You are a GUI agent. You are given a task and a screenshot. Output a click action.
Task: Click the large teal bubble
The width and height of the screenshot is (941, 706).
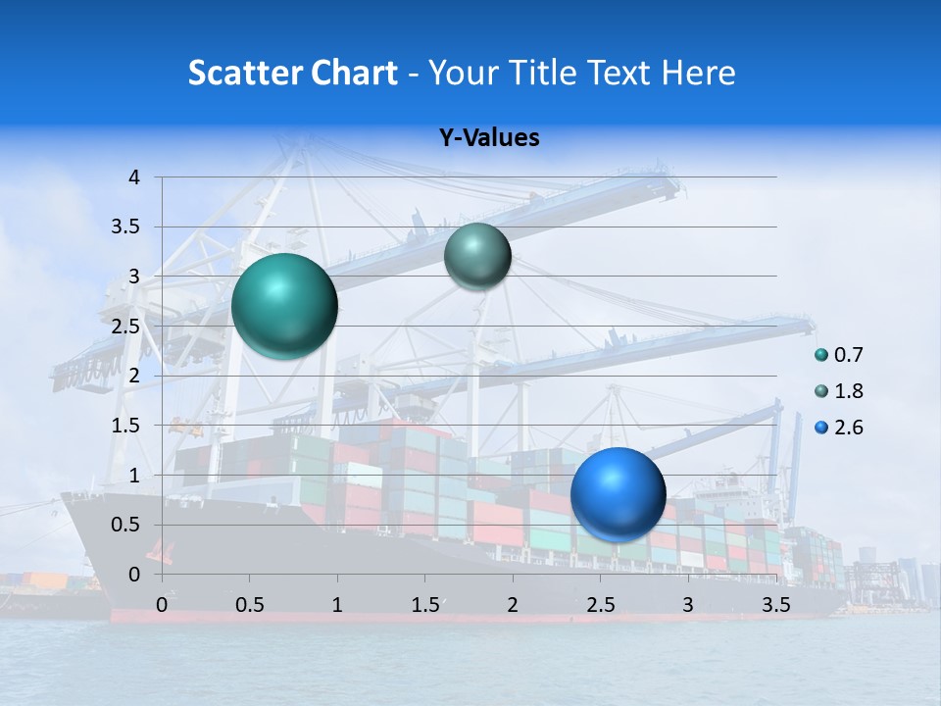pos(284,305)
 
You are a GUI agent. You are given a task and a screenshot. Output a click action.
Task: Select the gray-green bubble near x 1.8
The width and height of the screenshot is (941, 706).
pos(477,256)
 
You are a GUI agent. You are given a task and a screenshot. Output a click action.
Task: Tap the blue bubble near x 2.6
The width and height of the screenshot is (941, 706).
pos(618,493)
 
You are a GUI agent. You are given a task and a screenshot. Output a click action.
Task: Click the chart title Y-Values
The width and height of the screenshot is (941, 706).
pos(488,138)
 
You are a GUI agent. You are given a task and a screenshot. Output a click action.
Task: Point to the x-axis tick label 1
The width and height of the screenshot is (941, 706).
pos(337,605)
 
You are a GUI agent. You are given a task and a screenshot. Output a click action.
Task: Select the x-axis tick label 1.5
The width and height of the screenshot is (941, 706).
pos(424,605)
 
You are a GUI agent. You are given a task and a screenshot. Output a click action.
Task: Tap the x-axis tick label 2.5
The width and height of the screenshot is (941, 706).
pos(600,605)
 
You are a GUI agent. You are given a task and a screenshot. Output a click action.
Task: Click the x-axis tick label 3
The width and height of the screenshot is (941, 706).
pos(687,605)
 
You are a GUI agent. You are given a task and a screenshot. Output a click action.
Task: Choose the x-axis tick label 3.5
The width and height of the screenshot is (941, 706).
pos(775,605)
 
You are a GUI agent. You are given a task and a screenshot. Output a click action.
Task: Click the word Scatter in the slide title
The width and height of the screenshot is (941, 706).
pos(242,73)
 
